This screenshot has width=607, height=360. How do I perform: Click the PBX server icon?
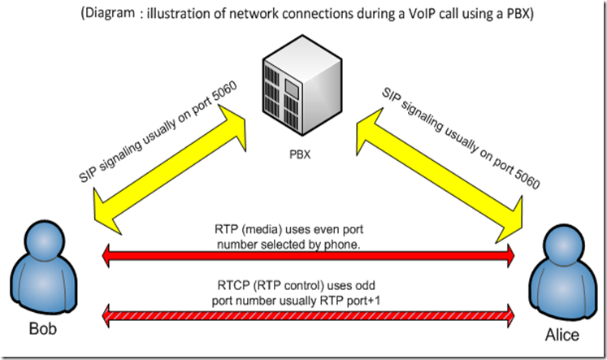tap(301, 89)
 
